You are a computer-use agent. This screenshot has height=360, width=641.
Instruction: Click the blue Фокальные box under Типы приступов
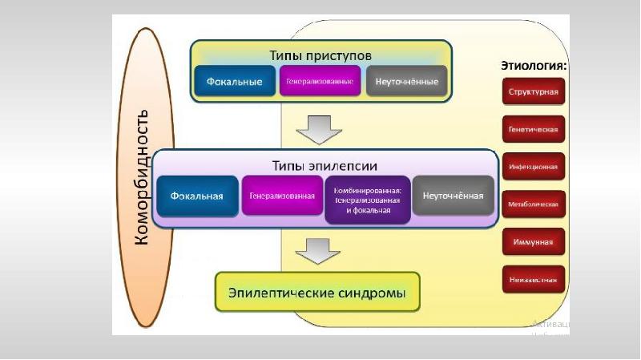click(235, 82)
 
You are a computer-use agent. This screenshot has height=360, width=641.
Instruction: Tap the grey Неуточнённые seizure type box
click(407, 82)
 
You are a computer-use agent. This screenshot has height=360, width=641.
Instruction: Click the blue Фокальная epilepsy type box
click(197, 196)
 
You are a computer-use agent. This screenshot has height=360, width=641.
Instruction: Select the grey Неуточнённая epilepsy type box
click(454, 196)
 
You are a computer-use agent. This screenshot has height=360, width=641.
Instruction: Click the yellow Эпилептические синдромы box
click(318, 293)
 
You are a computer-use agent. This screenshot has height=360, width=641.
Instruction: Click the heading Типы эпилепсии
click(325, 165)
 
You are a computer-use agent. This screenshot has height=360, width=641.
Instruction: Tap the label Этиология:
click(534, 65)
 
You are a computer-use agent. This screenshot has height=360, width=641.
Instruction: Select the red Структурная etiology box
click(534, 91)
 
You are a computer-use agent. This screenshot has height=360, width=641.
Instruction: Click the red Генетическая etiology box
click(534, 129)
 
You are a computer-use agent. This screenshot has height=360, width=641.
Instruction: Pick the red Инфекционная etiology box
click(534, 167)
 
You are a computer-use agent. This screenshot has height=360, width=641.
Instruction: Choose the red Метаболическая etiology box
click(534, 204)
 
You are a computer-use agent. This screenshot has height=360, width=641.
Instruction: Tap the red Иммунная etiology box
click(534, 242)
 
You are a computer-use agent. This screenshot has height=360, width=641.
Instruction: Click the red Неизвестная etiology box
click(534, 280)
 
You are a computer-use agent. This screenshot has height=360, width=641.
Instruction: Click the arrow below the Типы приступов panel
click(320, 127)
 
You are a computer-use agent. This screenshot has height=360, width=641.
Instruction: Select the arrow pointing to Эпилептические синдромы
click(318, 252)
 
